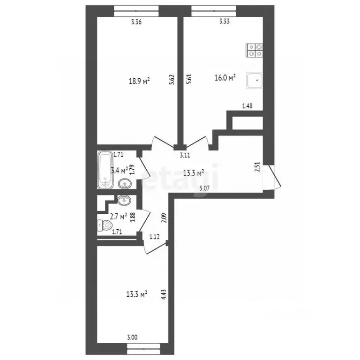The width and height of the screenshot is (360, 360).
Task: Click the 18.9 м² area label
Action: [x=139, y=81]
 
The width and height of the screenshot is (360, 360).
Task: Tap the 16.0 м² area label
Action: [x=225, y=78]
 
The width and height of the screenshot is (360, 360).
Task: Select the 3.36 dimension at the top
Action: [x=136, y=22]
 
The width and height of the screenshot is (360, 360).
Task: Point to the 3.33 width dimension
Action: [x=225, y=22]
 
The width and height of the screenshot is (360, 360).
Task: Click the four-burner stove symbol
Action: [x=255, y=51]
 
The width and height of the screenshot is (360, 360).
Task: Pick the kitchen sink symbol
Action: [x=255, y=81]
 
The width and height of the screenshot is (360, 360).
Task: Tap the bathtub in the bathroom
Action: [x=105, y=170]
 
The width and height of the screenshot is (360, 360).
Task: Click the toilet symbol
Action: [x=105, y=225]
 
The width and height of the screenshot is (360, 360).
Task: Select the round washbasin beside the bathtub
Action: [x=125, y=184]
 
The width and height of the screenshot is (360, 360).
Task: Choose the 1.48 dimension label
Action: [x=247, y=106]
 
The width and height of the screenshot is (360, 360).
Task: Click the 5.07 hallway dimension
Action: [x=204, y=189]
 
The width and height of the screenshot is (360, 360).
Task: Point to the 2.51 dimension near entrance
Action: [x=257, y=167]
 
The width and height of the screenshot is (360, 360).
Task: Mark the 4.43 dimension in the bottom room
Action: [x=164, y=294]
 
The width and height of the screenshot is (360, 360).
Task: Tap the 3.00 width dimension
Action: [x=132, y=337]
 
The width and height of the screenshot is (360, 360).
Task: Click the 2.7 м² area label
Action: [x=119, y=217]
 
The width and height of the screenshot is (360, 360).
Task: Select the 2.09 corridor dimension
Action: [x=164, y=218]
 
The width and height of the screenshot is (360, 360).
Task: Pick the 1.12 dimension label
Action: [x=155, y=237]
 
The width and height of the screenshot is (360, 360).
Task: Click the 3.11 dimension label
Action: [x=185, y=155]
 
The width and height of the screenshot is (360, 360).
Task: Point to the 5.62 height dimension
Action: [x=172, y=80]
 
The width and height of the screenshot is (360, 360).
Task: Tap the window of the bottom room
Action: [x=143, y=349]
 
